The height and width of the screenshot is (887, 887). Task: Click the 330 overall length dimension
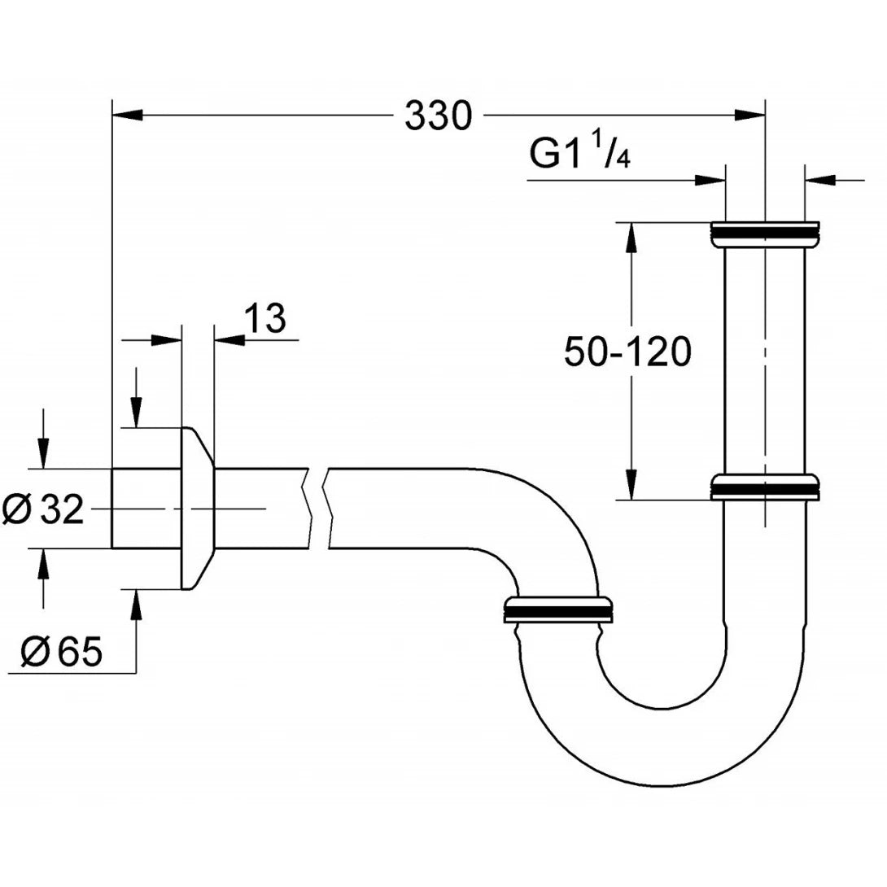(x=439, y=116)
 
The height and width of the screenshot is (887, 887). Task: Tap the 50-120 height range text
(x=627, y=352)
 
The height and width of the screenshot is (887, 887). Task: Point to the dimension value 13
(x=264, y=320)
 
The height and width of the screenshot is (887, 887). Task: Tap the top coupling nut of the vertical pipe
(x=764, y=233)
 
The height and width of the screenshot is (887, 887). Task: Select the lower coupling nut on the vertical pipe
(x=764, y=487)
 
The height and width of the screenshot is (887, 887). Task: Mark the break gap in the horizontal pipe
(x=317, y=509)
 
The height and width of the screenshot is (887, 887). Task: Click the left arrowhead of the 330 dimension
(x=126, y=116)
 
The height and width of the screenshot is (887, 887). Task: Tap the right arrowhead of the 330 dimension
(x=750, y=116)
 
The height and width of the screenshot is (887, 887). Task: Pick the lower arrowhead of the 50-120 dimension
(x=631, y=484)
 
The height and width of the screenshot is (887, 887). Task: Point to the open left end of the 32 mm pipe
(x=112, y=509)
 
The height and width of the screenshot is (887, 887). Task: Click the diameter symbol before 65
(x=33, y=651)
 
